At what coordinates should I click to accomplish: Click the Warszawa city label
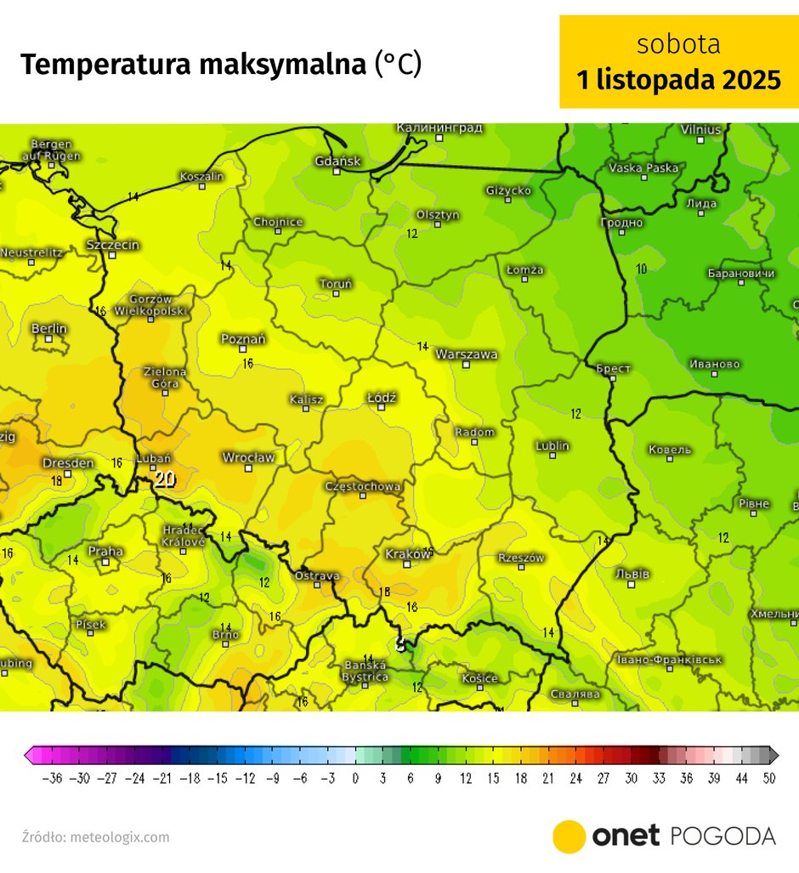(467, 354)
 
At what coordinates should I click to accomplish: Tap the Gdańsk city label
(338, 161)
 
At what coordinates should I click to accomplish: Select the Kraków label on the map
(409, 553)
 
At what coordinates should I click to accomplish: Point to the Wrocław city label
(248, 457)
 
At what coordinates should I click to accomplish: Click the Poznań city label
(243, 338)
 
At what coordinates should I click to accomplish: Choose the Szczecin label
(113, 245)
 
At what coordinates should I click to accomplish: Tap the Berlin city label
(49, 328)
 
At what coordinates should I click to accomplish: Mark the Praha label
(106, 552)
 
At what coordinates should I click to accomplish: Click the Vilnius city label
(701, 129)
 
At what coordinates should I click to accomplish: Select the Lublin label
(552, 445)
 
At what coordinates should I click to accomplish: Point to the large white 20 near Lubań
(165, 479)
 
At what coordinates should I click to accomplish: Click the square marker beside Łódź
(382, 407)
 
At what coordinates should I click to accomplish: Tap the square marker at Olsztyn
(438, 224)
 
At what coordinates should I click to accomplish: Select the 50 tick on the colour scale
(768, 778)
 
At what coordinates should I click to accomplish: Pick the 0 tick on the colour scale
(355, 778)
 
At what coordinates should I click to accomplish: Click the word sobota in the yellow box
(678, 43)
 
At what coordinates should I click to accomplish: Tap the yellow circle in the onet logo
(569, 836)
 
